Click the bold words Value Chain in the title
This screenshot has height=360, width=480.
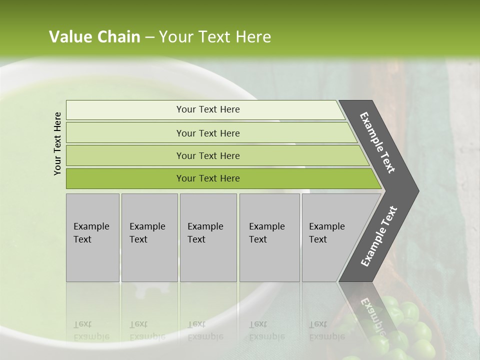94,37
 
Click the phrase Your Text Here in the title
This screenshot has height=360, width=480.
215,37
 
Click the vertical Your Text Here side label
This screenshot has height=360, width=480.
57,143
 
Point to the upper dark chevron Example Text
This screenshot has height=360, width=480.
377,142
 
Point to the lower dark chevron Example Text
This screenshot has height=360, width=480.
378,236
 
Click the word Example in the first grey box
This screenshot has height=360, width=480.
91,226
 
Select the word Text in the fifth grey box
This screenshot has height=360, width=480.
317,239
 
